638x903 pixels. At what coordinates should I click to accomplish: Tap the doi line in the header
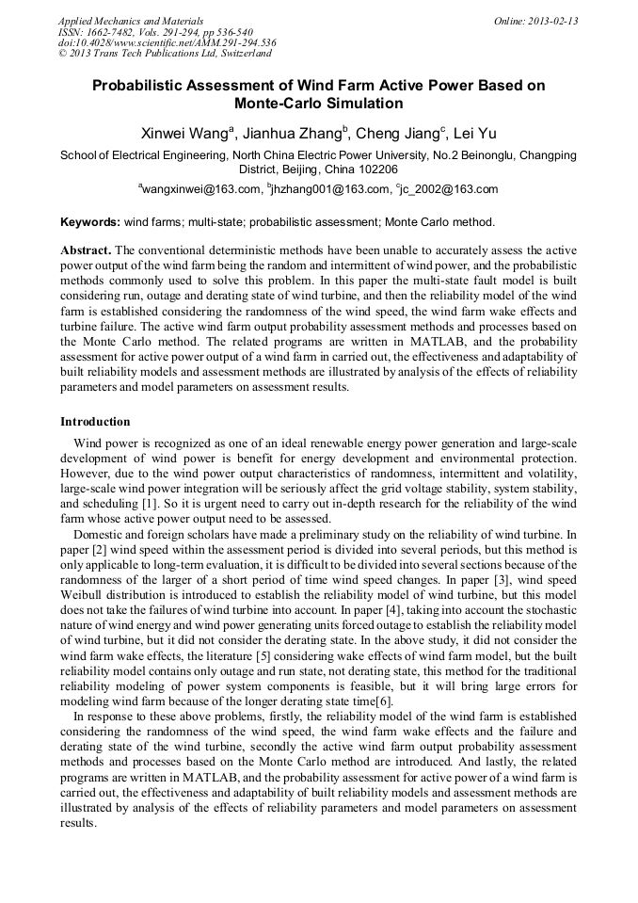(x=167, y=42)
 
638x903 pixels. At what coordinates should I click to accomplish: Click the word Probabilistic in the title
(x=138, y=85)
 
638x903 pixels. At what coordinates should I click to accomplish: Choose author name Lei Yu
(x=476, y=134)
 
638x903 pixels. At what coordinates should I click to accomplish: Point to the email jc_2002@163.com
(x=448, y=189)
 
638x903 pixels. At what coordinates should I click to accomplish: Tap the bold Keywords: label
(x=90, y=222)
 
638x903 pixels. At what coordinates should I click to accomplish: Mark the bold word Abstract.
(x=86, y=251)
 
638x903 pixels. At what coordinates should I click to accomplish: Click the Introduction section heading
(x=95, y=421)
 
